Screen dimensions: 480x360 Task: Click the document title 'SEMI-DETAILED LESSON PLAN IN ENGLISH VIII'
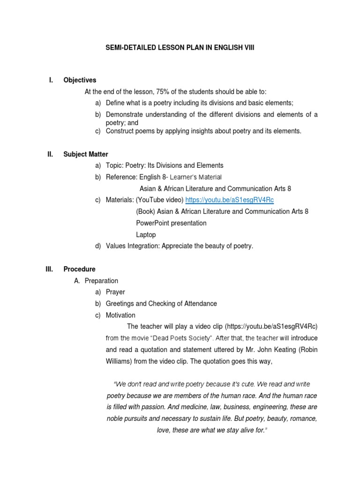pos(180,48)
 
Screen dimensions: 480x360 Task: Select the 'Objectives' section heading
pos(80,80)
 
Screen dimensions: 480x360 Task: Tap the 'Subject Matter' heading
pos(86,154)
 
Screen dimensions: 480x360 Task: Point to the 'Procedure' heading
pos(79,270)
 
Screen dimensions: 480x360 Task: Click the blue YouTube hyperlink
pos(229,200)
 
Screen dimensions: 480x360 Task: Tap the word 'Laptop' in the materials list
pos(146,235)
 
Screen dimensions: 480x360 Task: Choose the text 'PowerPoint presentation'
pos(171,223)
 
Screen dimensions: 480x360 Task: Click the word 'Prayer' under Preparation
pos(115,292)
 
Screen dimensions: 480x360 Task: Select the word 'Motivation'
pos(120,315)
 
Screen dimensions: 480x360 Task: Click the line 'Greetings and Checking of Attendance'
pos(161,304)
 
